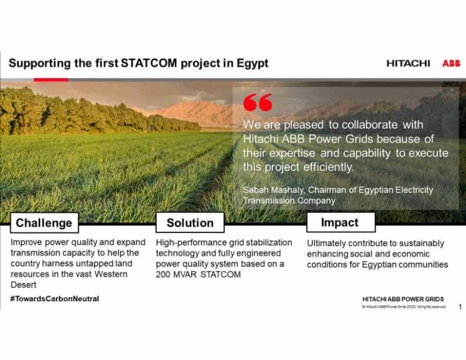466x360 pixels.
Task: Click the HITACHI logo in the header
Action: coord(408,63)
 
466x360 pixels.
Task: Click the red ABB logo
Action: coord(451,63)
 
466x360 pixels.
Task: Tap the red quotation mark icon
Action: coord(257,103)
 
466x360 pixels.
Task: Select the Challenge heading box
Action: coord(44,223)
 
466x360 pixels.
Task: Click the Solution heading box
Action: coord(190,223)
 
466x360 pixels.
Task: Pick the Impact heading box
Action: coord(339,222)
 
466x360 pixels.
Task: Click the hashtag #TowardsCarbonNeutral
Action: coord(54,299)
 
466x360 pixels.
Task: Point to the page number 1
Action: coord(459,307)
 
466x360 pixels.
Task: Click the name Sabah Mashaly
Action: coord(271,190)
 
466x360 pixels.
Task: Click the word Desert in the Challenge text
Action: coord(24,285)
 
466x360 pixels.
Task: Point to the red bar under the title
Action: coord(50,80)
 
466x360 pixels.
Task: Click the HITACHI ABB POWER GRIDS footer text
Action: coord(402,299)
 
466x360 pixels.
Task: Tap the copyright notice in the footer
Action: coord(404,307)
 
